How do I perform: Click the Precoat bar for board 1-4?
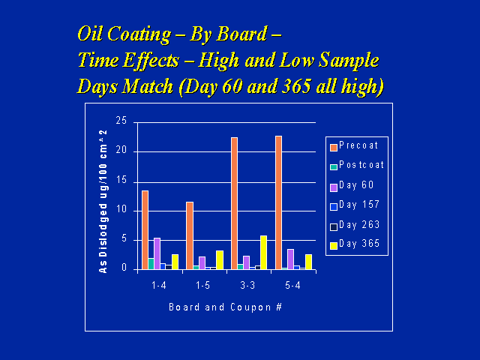click(145, 229)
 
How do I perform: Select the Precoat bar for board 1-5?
click(190, 235)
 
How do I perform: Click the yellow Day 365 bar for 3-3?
click(262, 252)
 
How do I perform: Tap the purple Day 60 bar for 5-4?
click(290, 259)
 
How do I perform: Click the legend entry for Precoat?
click(356, 145)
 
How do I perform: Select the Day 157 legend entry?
click(356, 205)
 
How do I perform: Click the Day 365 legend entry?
click(356, 244)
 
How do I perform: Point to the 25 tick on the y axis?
click(121, 121)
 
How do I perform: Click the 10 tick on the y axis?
click(121, 210)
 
